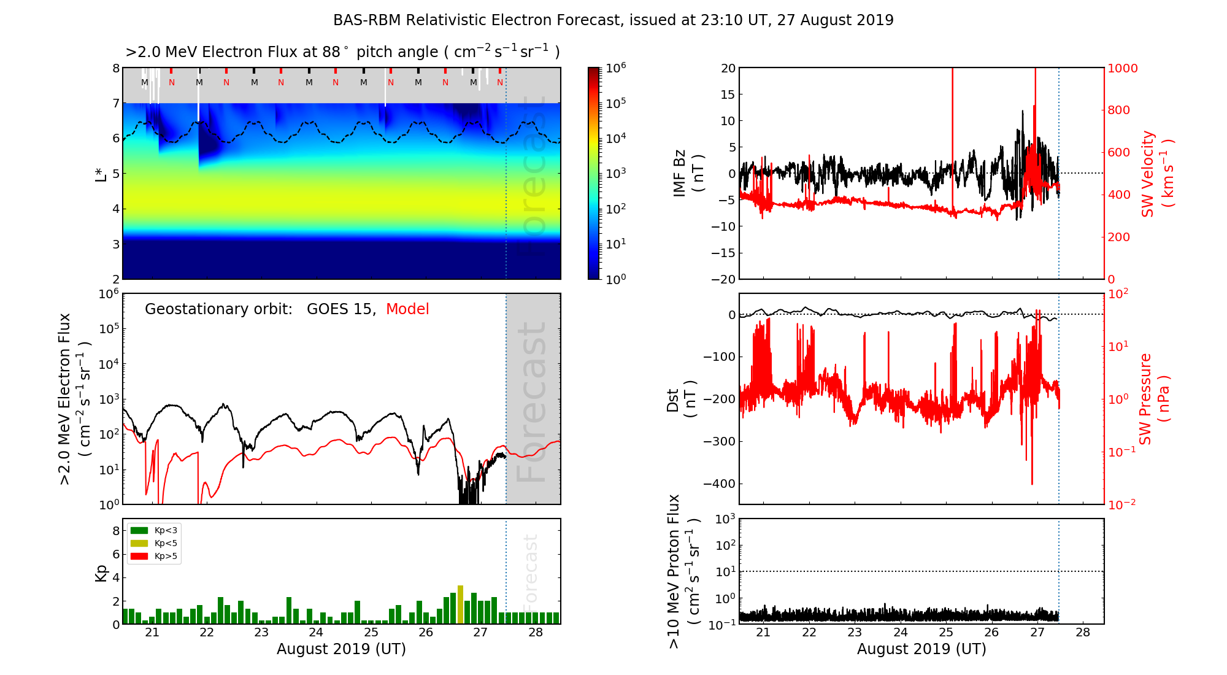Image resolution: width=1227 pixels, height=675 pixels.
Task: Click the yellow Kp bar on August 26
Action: tap(460, 605)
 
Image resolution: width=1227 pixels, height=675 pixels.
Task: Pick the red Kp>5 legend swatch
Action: tap(139, 557)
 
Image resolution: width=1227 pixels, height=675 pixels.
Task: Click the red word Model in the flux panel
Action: tap(407, 309)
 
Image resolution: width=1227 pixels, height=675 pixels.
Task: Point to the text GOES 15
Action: tap(340, 309)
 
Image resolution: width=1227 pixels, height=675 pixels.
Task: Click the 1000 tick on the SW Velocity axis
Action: tap(1123, 69)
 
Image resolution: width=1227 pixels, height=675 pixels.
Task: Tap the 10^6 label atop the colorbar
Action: tap(615, 67)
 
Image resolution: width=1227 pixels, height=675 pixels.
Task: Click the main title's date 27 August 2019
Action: tap(835, 20)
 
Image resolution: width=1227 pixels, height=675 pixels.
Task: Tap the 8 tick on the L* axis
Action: tap(116, 69)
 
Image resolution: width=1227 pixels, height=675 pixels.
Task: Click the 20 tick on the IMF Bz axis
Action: tap(728, 69)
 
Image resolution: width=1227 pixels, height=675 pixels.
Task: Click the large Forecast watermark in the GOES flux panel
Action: tap(531, 402)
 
